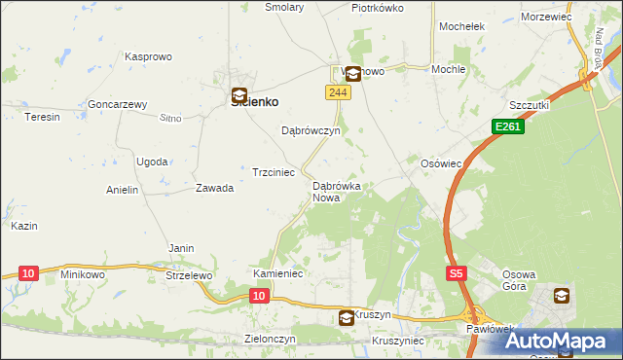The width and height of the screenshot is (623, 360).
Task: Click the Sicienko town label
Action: (x=255, y=101)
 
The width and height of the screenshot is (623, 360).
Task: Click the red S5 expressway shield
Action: (x=457, y=274)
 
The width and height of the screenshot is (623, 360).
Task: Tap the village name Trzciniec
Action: (x=274, y=172)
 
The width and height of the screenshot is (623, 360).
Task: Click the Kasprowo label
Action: (x=148, y=57)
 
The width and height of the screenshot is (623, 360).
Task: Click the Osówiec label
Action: (x=440, y=163)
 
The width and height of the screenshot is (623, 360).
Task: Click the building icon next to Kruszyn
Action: (x=347, y=317)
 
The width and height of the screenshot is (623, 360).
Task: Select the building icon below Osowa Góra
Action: (x=563, y=296)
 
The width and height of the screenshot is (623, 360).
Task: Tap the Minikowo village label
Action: (x=82, y=275)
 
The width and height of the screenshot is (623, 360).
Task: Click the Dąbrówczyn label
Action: (x=310, y=130)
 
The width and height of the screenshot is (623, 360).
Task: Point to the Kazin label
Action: (x=24, y=226)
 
